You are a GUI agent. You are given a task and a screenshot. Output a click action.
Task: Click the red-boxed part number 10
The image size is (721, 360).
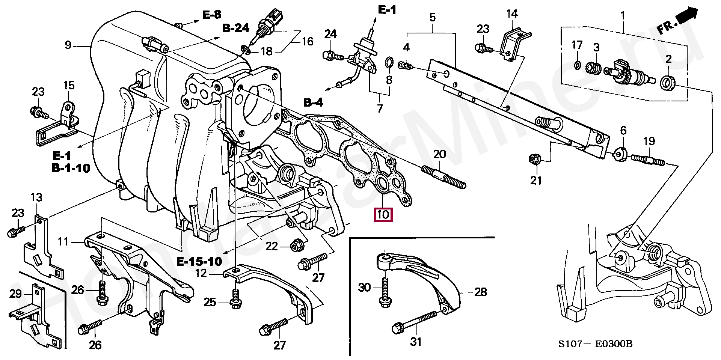pyautogui.click(x=383, y=215)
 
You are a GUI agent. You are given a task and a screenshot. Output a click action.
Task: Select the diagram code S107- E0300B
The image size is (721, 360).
pyautogui.click(x=595, y=344)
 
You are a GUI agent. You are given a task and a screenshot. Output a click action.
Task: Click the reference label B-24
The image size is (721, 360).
pyautogui.click(x=235, y=28)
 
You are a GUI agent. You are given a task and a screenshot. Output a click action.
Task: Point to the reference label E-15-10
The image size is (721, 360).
pyautogui.click(x=199, y=261)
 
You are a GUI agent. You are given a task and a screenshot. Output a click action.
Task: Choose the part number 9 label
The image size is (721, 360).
pyautogui.click(x=68, y=45)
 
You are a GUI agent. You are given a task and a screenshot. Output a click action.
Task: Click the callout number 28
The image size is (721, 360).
pyautogui.click(x=480, y=292)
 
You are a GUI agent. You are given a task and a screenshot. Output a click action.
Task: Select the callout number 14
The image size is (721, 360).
pyautogui.click(x=511, y=14)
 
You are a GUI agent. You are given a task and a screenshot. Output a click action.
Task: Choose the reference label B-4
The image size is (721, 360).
pyautogui.click(x=313, y=102)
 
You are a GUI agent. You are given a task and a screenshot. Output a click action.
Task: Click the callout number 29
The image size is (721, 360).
pyautogui.click(x=15, y=294)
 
